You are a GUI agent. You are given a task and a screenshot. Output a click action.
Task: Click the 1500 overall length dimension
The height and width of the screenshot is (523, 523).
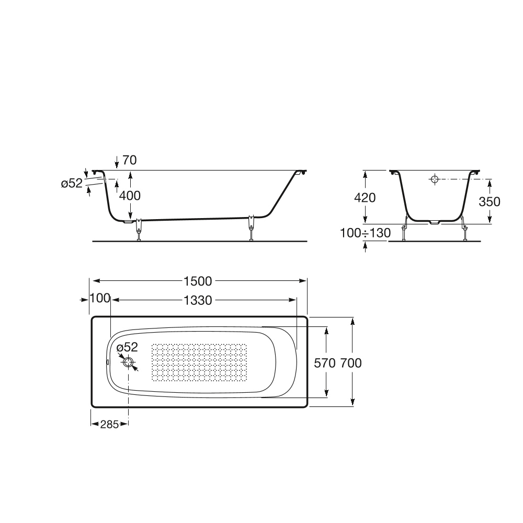click(198, 281)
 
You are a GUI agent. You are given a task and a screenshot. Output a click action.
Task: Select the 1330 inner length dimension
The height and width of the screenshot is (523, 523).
click(198, 300)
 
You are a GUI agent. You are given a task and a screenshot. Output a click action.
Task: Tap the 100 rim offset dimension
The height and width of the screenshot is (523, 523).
click(100, 299)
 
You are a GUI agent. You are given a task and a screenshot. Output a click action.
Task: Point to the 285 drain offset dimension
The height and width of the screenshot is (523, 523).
click(109, 424)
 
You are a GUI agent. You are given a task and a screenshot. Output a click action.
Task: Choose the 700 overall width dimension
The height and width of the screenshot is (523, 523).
click(351, 362)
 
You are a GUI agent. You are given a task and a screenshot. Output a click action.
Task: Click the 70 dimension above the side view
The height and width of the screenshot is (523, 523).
click(129, 160)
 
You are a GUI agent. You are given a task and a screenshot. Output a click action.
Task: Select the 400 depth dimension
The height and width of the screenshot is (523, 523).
click(130, 196)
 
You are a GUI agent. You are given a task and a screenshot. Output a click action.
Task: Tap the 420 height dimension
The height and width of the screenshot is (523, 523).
click(365, 198)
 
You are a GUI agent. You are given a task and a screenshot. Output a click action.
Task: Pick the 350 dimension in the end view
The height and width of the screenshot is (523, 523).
click(490, 201)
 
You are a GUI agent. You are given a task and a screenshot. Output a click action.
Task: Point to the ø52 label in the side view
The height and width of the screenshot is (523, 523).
click(72, 184)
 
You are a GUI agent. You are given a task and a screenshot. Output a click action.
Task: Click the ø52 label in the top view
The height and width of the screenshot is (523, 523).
click(127, 347)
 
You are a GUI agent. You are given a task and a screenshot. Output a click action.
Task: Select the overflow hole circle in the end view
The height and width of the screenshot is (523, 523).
click(435, 179)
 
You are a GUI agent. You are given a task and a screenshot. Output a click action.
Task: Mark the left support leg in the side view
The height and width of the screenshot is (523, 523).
click(139, 229)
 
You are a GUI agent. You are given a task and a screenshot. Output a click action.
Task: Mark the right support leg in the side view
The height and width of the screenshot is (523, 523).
click(252, 228)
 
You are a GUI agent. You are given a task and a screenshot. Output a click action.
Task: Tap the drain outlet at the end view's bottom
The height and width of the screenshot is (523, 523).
click(434, 222)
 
